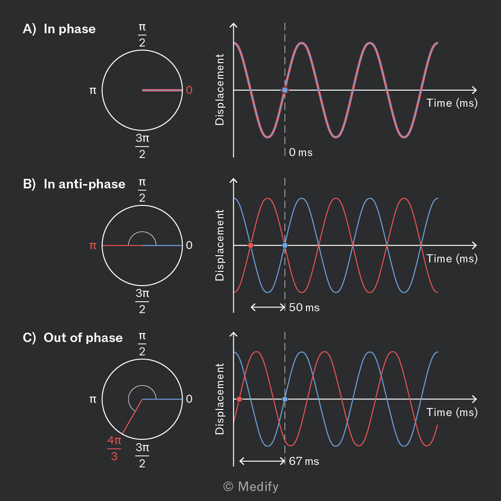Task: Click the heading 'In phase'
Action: (x=70, y=29)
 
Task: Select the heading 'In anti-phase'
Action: (x=84, y=184)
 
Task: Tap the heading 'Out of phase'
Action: (x=83, y=338)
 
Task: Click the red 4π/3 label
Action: (x=114, y=448)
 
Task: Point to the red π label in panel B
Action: (x=93, y=245)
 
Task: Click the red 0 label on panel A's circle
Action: (x=189, y=90)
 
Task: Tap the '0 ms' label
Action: (x=301, y=152)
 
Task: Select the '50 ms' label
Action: (x=304, y=307)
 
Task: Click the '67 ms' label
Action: (x=304, y=461)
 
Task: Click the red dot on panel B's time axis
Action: (x=251, y=245)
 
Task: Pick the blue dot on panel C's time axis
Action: (x=285, y=399)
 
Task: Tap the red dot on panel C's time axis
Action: (x=239, y=399)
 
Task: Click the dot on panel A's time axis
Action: (x=285, y=90)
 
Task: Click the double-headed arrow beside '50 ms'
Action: (x=268, y=307)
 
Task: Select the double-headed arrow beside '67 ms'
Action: (x=262, y=461)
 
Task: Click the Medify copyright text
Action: (x=251, y=487)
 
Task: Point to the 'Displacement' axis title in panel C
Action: (x=220, y=399)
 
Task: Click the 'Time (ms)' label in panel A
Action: (x=452, y=103)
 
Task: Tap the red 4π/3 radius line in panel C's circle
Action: (x=132, y=417)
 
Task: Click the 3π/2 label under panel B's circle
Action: (x=142, y=301)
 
